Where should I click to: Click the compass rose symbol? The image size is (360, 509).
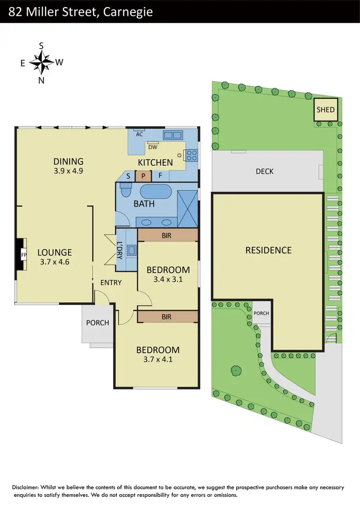tap(41, 62)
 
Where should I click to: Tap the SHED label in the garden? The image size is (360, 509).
tap(325, 110)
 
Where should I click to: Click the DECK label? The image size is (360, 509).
tap(264, 171)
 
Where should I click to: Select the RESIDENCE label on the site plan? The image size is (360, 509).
tap(268, 250)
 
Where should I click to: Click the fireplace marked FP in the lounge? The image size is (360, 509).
tap(22, 255)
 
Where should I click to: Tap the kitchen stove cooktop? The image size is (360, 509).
tap(192, 155)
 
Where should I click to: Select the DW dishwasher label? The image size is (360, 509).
tap(153, 147)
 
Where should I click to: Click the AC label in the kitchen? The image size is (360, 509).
tap(140, 135)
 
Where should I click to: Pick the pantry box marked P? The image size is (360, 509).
tap(143, 176)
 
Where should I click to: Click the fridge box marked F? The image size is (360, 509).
tap(160, 176)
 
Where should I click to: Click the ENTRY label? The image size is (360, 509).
tap(111, 283)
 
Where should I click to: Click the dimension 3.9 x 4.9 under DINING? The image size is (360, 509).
tap(69, 170)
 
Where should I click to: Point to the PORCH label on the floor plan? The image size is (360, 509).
tap(97, 322)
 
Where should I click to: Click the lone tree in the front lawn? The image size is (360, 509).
tap(236, 370)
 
